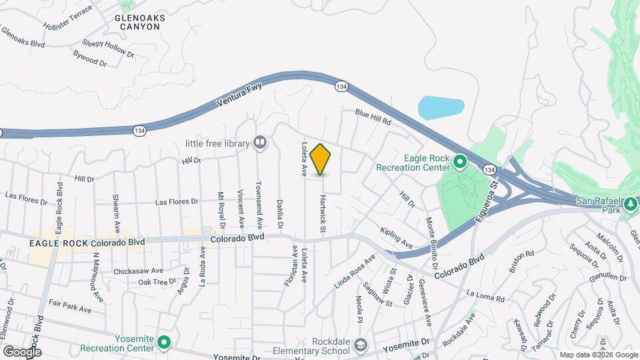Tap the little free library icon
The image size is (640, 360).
[260, 142]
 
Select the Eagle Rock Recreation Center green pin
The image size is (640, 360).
[459, 161]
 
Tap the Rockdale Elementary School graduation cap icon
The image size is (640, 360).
[361, 345]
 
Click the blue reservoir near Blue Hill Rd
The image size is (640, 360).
[441, 107]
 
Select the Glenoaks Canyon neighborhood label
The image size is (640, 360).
[137, 22]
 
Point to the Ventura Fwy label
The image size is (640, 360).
[240, 95]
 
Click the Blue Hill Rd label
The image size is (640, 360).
[372, 118]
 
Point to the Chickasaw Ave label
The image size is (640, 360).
[138, 271]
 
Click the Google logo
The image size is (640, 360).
[23, 351]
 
